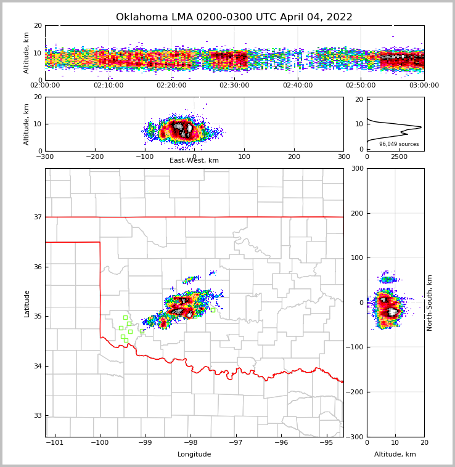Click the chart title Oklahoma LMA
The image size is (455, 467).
[234, 17]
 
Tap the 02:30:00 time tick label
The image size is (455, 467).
[234, 85]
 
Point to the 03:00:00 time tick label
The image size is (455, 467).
[424, 85]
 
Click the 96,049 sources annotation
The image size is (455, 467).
[399, 144]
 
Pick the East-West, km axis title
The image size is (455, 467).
[194, 161]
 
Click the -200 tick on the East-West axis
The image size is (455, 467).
[95, 156]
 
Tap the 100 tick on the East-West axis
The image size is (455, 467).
[244, 156]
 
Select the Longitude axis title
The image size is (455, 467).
[194, 455]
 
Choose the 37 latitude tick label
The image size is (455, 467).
[37, 217]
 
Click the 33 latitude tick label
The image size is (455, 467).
[37, 416]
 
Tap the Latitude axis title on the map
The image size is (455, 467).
[27, 303]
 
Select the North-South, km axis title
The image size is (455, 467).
[430, 303]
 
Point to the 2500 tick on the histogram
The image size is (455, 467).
[399, 156]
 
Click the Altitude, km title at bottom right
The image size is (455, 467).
[395, 455]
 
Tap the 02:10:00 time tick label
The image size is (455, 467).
[108, 85]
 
